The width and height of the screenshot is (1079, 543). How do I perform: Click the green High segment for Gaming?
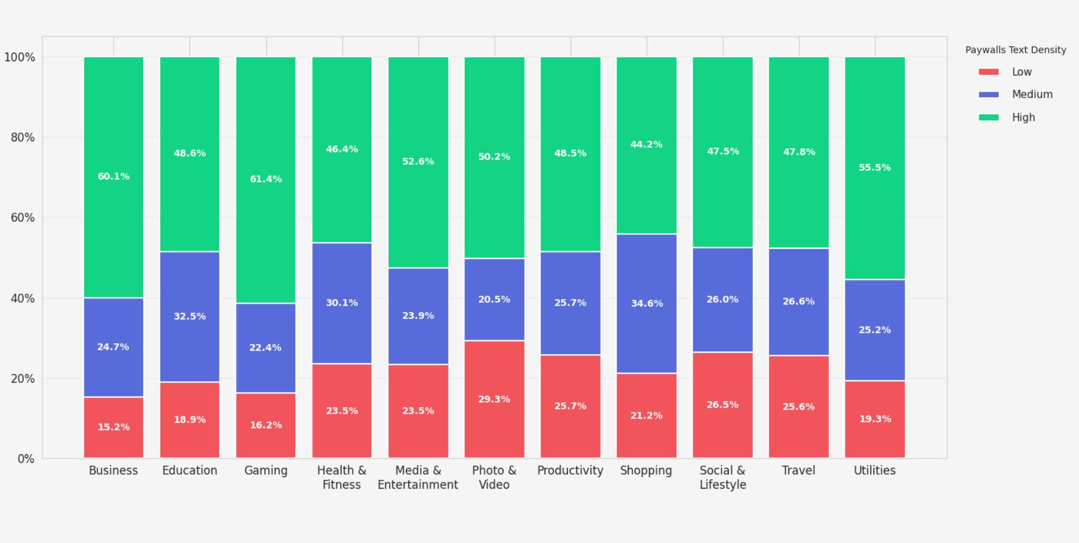coord(266,180)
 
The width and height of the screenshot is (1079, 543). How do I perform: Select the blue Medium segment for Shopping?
coord(646,303)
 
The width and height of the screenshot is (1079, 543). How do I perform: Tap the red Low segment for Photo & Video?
coord(494,399)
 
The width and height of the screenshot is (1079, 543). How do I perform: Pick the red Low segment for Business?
coord(114,428)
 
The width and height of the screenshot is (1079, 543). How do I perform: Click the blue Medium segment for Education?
coord(189,317)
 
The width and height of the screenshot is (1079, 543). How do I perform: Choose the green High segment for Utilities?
coord(875,168)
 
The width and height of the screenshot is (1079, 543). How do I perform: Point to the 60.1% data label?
coord(114,176)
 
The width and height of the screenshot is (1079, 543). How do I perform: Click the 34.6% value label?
coord(646,303)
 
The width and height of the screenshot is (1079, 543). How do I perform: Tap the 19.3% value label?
coord(875,419)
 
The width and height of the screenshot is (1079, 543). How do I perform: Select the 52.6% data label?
coord(418,161)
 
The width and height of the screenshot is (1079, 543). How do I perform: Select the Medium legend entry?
coord(1016,94)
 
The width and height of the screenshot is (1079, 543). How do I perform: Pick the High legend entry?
coord(1007,117)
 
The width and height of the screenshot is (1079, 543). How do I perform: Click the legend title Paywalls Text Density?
coord(1016,50)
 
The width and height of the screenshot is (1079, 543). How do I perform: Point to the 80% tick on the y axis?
coord(23,137)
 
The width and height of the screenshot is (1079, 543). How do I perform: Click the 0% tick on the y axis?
coord(26,459)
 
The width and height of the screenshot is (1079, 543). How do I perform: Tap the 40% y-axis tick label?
coord(23,298)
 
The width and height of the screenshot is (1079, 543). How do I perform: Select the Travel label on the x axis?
coord(799,471)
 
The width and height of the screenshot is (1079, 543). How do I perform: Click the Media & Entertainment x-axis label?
coord(418,477)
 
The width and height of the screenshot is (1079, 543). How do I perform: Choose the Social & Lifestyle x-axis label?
coord(723,477)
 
